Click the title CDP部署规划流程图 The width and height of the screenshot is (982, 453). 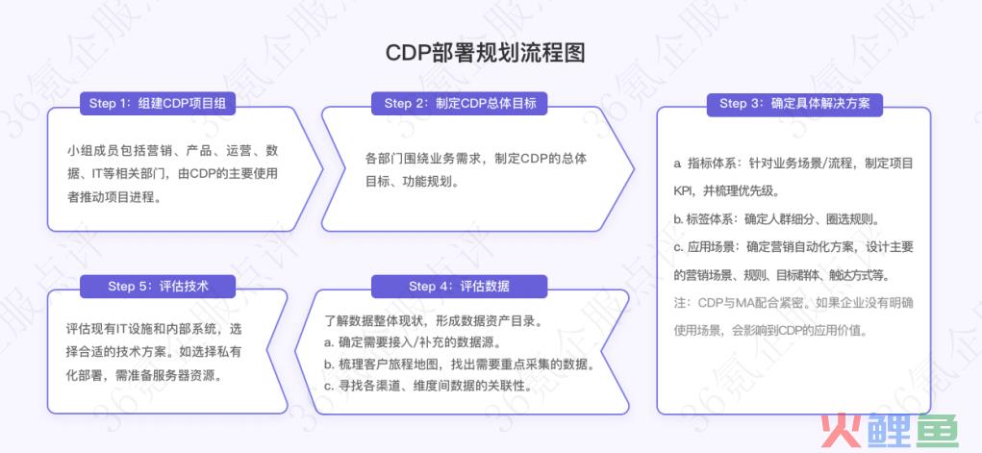pyautogui.click(x=486, y=53)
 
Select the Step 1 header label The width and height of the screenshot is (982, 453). pyautogui.click(x=157, y=103)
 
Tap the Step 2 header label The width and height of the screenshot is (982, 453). pyautogui.click(x=460, y=103)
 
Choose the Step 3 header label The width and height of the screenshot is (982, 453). pyautogui.click(x=794, y=103)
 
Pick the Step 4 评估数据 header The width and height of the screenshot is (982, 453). pyautogui.click(x=459, y=287)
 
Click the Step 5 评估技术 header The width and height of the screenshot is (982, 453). pyautogui.click(x=157, y=287)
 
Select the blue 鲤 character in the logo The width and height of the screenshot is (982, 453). pyautogui.click(x=889, y=431)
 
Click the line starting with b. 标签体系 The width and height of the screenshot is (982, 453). pyautogui.click(x=776, y=219)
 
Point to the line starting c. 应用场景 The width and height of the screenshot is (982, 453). pyautogui.click(x=793, y=247)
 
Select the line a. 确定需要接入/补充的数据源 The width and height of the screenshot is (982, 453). pyautogui.click(x=413, y=343)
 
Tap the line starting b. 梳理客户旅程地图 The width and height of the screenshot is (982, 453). pyautogui.click(x=459, y=365)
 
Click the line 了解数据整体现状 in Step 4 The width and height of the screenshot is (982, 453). pyautogui.click(x=433, y=321)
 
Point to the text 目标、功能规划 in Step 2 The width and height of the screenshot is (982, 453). pyautogui.click(x=413, y=183)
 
